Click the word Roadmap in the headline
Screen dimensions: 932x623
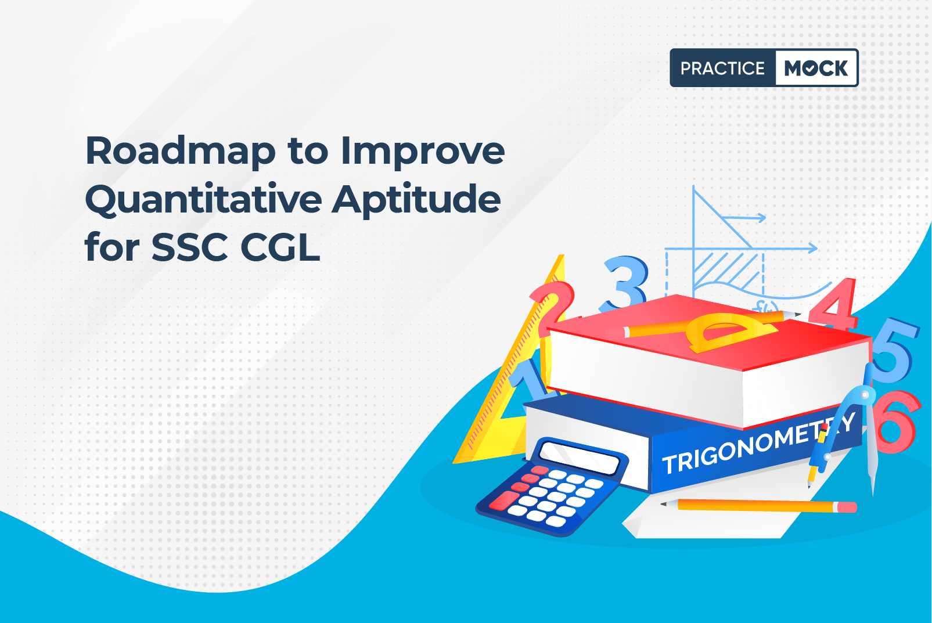tap(181, 152)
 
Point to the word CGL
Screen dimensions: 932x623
tap(280, 248)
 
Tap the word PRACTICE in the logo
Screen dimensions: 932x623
tap(722, 68)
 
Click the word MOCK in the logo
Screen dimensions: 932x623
tap(816, 68)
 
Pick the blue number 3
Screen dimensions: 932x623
tap(625, 283)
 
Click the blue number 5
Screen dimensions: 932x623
tap(895, 350)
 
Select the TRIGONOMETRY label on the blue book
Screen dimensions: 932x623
tap(758, 445)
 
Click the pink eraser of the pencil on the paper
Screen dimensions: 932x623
tap(846, 507)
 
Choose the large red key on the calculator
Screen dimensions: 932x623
tap(504, 500)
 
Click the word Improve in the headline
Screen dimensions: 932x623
tap(423, 152)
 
